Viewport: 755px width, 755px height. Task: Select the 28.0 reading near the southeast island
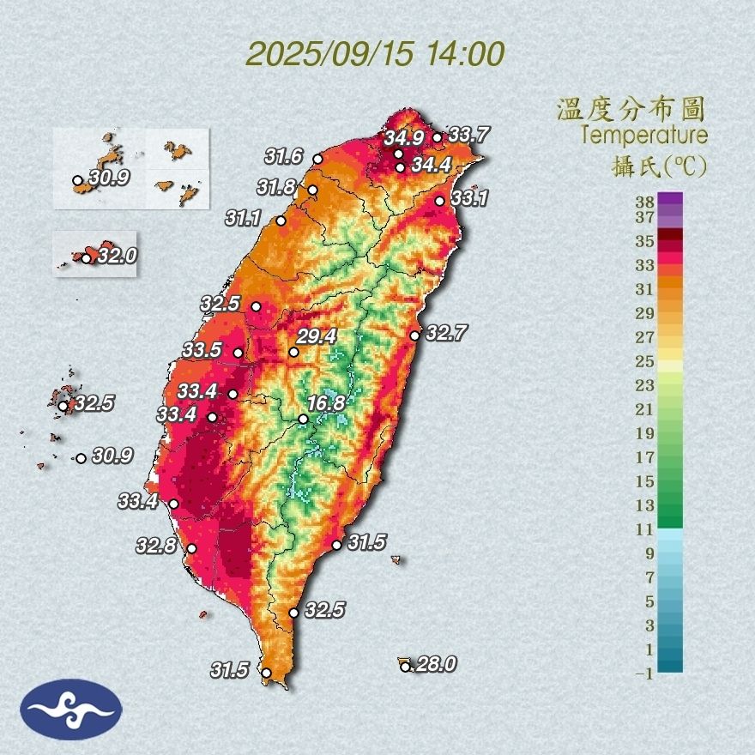point(435,664)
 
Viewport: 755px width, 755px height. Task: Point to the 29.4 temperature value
point(317,336)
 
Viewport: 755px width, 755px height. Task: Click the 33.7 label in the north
point(468,135)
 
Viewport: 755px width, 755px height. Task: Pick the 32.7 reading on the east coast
point(444,334)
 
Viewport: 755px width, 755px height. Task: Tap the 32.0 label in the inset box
point(117,256)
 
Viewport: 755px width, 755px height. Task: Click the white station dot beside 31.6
point(317,159)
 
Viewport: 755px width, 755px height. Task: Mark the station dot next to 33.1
point(440,201)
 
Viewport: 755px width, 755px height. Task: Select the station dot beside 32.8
point(191,548)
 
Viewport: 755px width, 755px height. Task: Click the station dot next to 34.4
point(400,167)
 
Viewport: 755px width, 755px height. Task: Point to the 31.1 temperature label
point(244,219)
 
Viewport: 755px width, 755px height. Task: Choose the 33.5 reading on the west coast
point(202,350)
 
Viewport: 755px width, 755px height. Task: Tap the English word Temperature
point(643,136)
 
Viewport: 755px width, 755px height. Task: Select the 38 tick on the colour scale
point(644,202)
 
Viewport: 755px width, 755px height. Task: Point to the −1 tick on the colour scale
point(643,674)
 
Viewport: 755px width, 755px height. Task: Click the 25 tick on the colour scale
point(644,360)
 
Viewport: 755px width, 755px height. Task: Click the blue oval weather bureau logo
point(72,709)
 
